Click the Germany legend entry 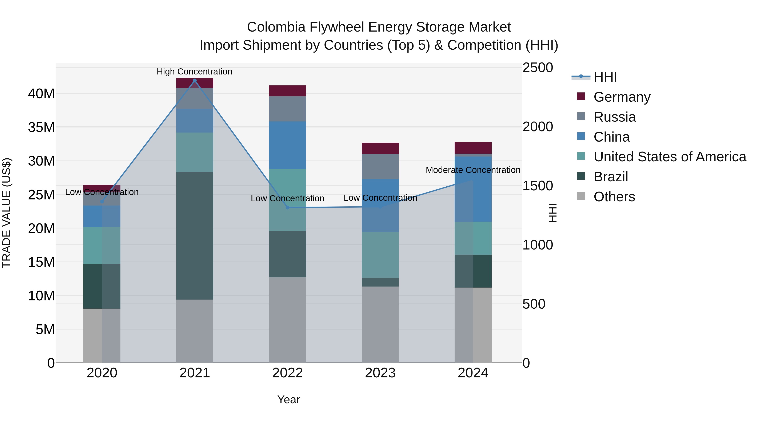[x=622, y=97]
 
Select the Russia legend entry [x=614, y=117]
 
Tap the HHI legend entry [x=605, y=77]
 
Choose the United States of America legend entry [x=669, y=157]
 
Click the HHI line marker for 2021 [x=195, y=81]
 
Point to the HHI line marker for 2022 [x=287, y=208]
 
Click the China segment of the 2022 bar [x=287, y=145]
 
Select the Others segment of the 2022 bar [x=287, y=320]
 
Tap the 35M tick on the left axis [x=41, y=127]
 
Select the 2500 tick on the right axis [x=537, y=68]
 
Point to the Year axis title [x=288, y=399]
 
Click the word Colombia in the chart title [x=276, y=27]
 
